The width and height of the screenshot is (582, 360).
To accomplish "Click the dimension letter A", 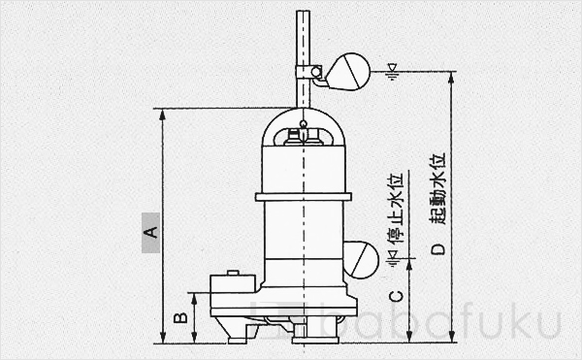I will click(150, 232).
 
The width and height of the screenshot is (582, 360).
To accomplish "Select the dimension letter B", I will click(179, 318).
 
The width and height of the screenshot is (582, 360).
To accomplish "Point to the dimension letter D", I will click(438, 249).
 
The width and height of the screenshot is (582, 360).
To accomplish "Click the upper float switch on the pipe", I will click(346, 72).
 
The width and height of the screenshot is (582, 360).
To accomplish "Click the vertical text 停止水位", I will click(394, 209).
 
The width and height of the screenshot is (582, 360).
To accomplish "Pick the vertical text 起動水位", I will click(437, 188).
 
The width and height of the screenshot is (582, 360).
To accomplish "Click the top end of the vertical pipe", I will click(303, 12).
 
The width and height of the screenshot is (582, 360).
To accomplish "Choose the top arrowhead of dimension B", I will click(196, 297).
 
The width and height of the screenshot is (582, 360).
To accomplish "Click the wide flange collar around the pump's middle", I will click(303, 197).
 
